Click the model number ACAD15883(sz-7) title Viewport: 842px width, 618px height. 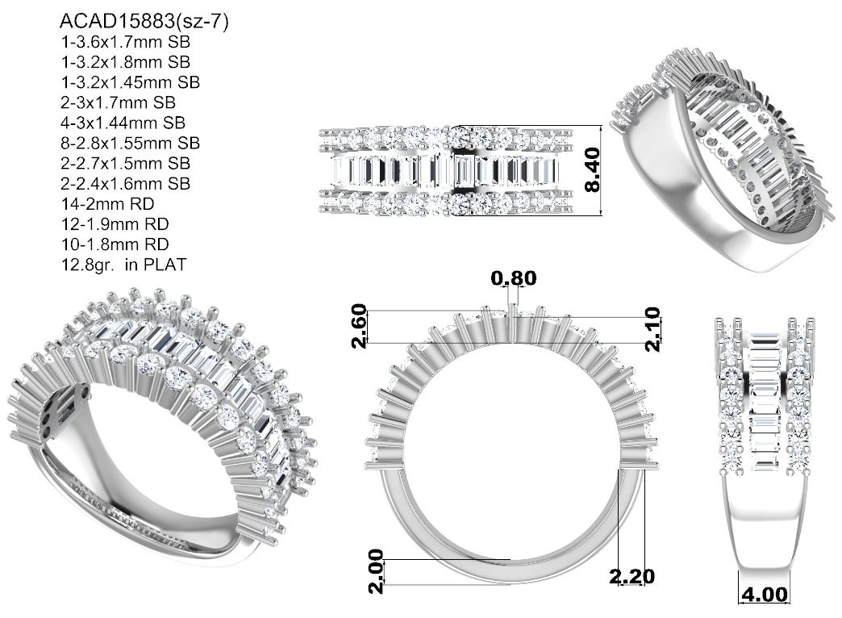(x=144, y=22)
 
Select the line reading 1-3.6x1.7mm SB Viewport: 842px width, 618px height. (x=126, y=42)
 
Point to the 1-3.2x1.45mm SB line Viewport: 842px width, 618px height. (x=131, y=82)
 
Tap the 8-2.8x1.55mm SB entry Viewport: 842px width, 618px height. (x=131, y=143)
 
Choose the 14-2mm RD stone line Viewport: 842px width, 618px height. (x=107, y=204)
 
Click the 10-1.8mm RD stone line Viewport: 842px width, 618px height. (x=115, y=244)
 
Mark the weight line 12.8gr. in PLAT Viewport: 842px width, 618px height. (x=123, y=265)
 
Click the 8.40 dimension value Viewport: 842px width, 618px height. (x=592, y=170)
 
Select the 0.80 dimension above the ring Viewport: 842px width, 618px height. (x=514, y=278)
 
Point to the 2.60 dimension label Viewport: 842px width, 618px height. (x=359, y=326)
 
